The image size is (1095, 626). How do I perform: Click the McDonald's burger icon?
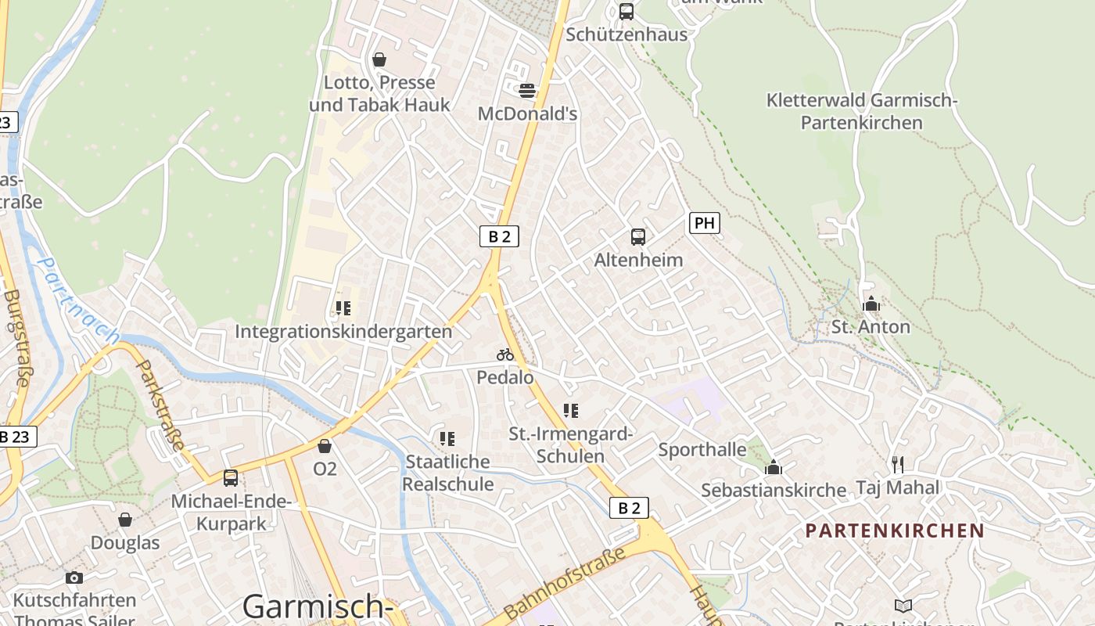click(527, 90)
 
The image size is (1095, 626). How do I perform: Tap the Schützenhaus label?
click(626, 34)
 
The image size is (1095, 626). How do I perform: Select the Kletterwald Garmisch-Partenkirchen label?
click(862, 111)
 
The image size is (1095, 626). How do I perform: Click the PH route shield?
click(704, 223)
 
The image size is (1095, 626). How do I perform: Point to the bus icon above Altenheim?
click(638, 236)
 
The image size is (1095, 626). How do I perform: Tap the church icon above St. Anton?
click(871, 304)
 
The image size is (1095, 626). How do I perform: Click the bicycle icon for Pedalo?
click(505, 354)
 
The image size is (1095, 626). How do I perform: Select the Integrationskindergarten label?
click(343, 331)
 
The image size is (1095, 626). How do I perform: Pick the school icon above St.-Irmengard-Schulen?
click(570, 410)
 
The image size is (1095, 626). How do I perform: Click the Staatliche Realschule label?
click(448, 473)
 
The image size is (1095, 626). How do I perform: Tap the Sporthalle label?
click(702, 449)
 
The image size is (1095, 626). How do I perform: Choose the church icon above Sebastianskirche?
click(774, 468)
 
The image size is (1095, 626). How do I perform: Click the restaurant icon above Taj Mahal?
click(897, 465)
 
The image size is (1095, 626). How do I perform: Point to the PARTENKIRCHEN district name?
click(895, 531)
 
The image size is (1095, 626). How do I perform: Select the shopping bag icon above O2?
click(325, 446)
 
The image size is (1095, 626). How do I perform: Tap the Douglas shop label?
click(125, 542)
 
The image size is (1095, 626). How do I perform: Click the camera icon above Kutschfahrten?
click(74, 577)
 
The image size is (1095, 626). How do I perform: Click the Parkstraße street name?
click(160, 405)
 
